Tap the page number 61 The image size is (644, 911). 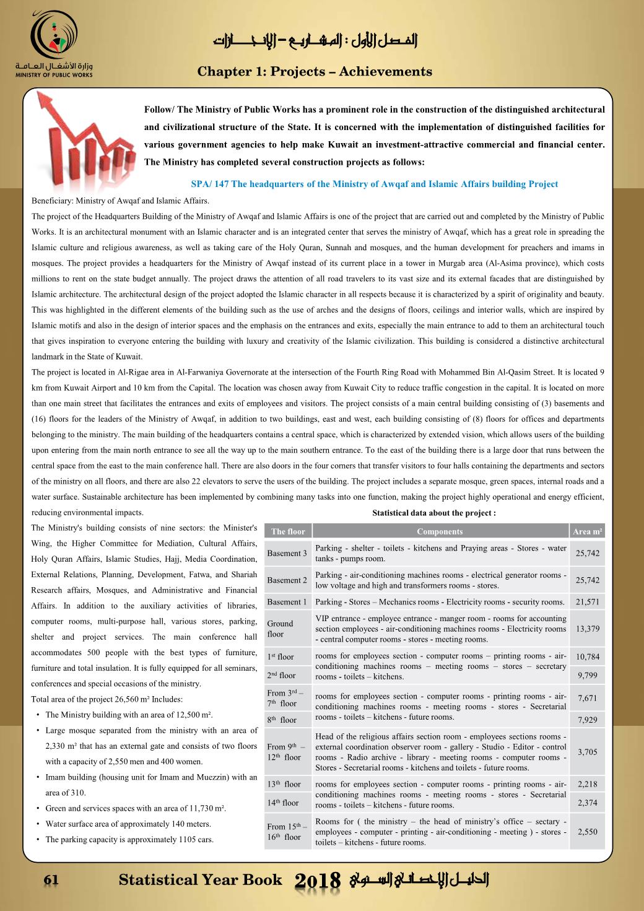coord(51,880)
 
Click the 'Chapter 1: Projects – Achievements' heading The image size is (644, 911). coord(315,72)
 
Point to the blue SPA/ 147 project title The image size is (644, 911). coord(374,184)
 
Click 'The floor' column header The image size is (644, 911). coord(288,531)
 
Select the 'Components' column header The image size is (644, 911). coord(440,531)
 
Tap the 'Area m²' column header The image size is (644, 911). coord(588,531)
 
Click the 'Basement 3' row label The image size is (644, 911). coord(287,553)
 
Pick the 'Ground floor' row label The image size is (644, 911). coord(280,629)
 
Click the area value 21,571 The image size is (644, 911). coord(587,602)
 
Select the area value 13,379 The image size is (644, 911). coord(587,629)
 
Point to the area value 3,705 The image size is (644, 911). coord(587,752)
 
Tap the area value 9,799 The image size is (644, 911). coord(587,676)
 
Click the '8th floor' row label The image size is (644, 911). coord(283,720)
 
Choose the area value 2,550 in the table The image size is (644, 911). coord(587,832)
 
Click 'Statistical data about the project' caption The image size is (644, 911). coord(433,513)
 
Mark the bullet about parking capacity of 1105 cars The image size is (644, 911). coord(129,840)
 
